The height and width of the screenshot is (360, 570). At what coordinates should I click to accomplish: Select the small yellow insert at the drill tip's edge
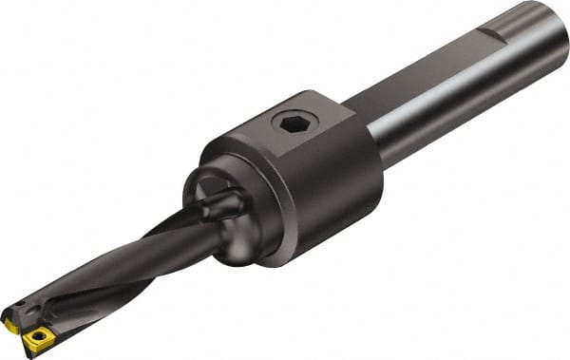coord(9,325)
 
